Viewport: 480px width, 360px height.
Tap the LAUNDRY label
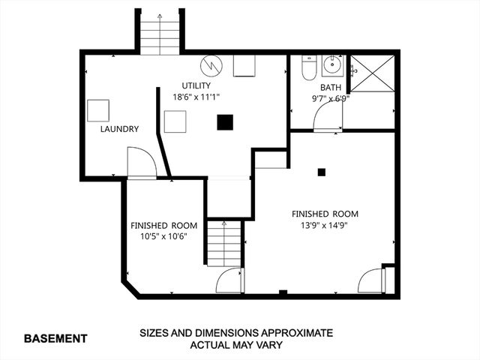(120, 129)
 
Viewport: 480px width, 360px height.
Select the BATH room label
(331, 87)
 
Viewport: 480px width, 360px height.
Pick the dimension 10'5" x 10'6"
(164, 236)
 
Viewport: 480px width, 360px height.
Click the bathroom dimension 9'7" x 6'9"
(331, 97)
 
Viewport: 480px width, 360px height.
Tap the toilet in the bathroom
(307, 69)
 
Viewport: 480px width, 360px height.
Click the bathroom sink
(332, 66)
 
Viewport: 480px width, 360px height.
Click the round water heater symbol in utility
(214, 65)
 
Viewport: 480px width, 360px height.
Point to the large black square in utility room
(225, 122)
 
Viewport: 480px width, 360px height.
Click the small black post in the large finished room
(321, 172)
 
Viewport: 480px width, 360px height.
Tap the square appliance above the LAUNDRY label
(98, 110)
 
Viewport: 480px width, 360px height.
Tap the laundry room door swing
(141, 162)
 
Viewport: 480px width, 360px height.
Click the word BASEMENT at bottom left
(55, 338)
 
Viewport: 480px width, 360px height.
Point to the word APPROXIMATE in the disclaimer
(289, 332)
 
